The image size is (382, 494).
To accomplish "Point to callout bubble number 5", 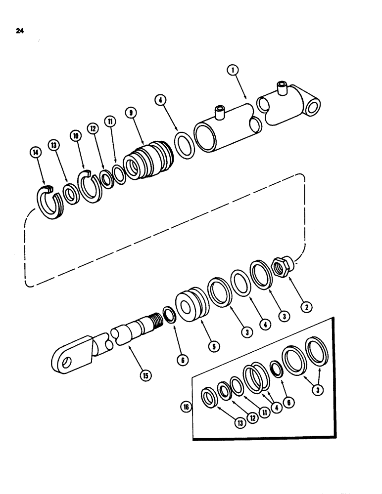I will [x=214, y=347].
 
